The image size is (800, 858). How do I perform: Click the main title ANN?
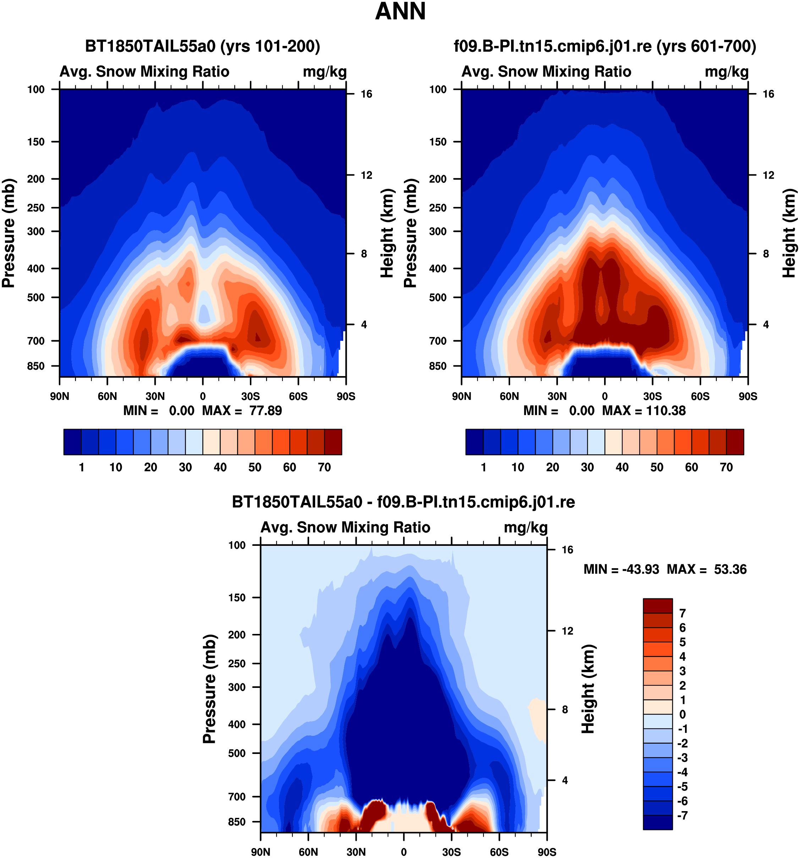400,12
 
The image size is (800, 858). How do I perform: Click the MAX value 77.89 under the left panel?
265,411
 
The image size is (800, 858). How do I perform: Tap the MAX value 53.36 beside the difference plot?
730,569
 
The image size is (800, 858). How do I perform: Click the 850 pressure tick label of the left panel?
36,366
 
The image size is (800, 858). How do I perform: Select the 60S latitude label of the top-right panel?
700,396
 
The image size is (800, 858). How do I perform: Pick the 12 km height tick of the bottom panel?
568,631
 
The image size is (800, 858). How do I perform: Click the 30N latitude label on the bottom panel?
356,852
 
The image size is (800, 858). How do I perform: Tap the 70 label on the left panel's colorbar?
324,467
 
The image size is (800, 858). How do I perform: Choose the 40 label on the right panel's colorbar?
622,467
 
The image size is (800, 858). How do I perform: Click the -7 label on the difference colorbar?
682,815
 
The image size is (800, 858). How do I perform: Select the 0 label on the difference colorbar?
682,714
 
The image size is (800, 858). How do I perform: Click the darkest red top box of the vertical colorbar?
658,606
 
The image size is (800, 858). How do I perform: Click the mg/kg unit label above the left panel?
325,72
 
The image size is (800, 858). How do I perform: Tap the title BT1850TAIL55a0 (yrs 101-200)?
203,46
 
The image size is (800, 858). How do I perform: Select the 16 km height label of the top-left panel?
366,94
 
